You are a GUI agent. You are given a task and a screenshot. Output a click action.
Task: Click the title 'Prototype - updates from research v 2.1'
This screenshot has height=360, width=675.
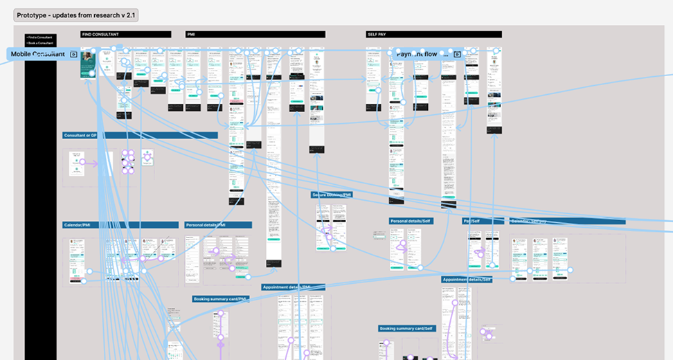coord(76,15)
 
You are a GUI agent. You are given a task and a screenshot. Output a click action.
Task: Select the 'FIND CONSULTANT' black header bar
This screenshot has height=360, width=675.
coord(125,34)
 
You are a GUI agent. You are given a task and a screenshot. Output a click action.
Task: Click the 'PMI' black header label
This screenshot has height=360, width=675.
coord(255,34)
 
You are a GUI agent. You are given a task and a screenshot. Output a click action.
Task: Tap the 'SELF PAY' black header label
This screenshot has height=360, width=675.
coord(433,34)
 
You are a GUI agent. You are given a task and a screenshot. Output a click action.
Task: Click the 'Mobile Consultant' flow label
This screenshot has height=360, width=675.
coord(38,54)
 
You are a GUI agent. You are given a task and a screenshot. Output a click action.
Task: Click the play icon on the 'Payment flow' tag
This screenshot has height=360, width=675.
coord(457,54)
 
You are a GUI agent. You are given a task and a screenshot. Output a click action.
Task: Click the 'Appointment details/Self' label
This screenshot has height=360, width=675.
coord(467,280)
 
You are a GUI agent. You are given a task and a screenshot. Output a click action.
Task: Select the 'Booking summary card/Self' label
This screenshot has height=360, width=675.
coord(407,328)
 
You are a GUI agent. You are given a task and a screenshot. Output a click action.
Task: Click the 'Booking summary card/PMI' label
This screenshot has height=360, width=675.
coord(221,299)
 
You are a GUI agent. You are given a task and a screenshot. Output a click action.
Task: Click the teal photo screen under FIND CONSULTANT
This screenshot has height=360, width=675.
coord(88,63)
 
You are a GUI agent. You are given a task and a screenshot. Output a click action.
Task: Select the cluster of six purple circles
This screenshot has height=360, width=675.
coord(128,161)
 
